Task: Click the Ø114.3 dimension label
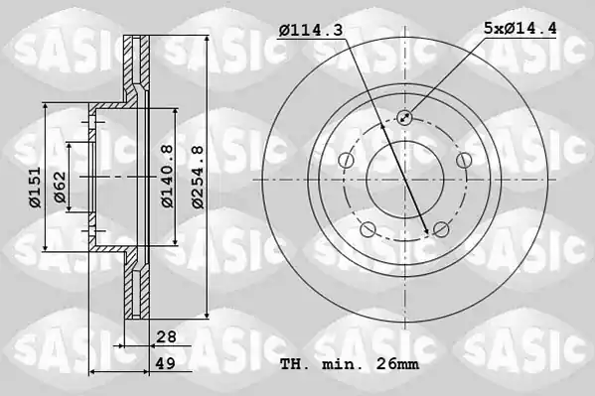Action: pyautogui.click(x=311, y=30)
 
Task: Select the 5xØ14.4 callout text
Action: pyautogui.click(x=520, y=28)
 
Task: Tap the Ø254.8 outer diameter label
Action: pyautogui.click(x=198, y=177)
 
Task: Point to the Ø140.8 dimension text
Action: pyautogui.click(x=167, y=176)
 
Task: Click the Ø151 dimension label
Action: pyautogui.click(x=36, y=188)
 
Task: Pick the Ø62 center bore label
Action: pyautogui.click(x=60, y=187)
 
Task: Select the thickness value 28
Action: pyautogui.click(x=166, y=336)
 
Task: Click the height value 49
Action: pyautogui.click(x=166, y=364)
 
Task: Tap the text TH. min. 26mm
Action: pyautogui.click(x=350, y=364)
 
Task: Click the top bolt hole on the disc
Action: pyautogui.click(x=404, y=117)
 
